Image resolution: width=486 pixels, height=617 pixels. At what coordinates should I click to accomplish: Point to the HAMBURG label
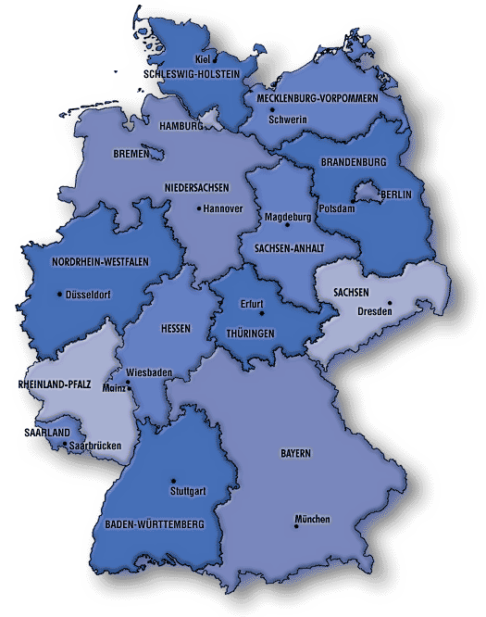pos(181,125)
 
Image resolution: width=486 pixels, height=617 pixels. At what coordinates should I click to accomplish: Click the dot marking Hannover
pos(199,208)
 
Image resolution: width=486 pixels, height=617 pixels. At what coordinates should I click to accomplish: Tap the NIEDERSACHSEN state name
pos(196,188)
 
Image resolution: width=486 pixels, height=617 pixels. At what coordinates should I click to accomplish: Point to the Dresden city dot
pos(390,302)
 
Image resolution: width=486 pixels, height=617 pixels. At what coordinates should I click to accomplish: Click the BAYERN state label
pos(295,454)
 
